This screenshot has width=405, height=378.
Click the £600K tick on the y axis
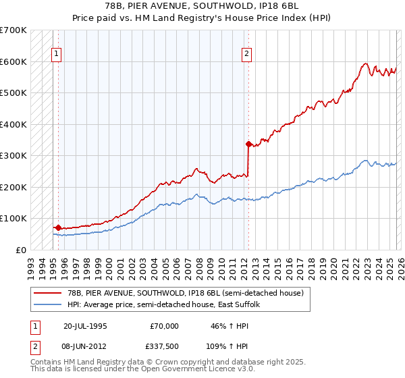pyautogui.click(x=13, y=61)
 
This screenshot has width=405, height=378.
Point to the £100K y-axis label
pyautogui.click(x=13, y=219)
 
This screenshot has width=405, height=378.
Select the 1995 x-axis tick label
pyautogui.click(x=53, y=264)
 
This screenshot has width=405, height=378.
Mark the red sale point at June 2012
pyautogui.click(x=248, y=144)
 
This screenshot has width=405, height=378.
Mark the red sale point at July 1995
pyautogui.click(x=58, y=228)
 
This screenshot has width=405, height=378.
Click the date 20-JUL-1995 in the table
pyautogui.click(x=85, y=326)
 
